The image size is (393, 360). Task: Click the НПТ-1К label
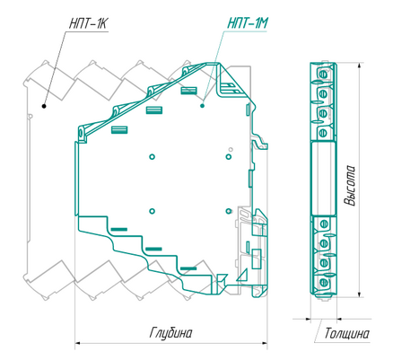point(89,23)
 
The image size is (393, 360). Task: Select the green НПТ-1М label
point(247,22)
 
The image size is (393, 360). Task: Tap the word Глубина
point(170,333)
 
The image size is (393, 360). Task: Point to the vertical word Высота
point(349,185)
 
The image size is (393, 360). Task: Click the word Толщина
point(347,333)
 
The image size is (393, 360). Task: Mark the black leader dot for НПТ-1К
point(44,106)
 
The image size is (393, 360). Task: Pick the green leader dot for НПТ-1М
point(202,105)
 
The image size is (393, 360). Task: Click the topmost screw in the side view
point(323,74)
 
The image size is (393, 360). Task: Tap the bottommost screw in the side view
point(323,282)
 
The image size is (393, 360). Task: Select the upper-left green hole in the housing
point(153,156)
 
